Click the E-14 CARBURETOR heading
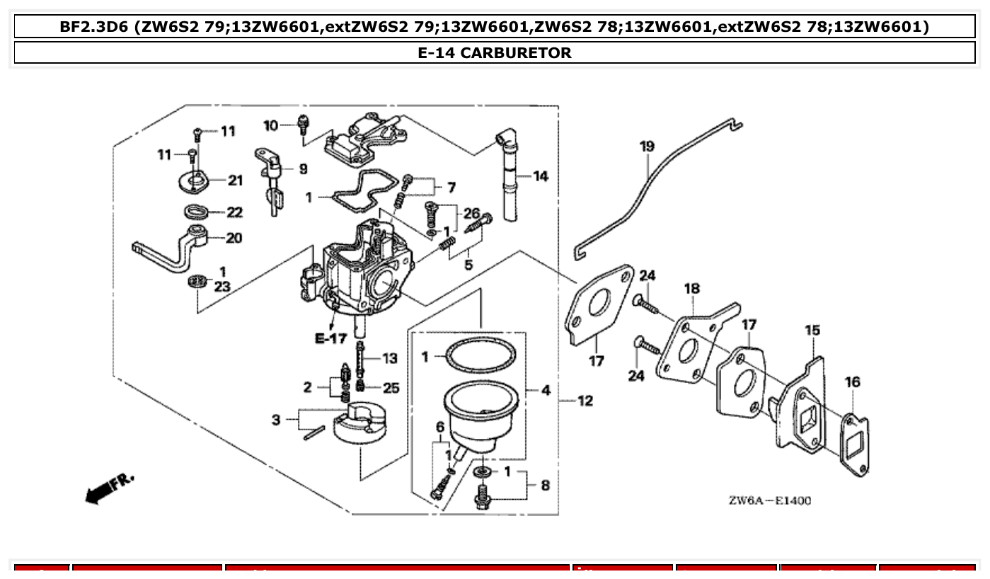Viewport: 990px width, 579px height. [x=495, y=53]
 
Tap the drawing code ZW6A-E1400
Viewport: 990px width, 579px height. [x=770, y=501]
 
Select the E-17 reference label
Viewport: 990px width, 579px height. [x=330, y=338]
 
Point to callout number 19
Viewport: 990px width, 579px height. [x=647, y=147]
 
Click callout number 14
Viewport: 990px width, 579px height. [x=541, y=176]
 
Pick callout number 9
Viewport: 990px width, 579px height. [x=303, y=169]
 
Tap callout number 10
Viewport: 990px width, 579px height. [x=271, y=125]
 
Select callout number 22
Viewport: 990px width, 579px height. [x=234, y=212]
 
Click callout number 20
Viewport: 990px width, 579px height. [x=234, y=238]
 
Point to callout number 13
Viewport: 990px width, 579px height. [x=390, y=359]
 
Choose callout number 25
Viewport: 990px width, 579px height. [x=391, y=388]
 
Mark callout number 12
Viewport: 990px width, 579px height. [x=585, y=401]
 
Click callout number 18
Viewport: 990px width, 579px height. [x=691, y=288]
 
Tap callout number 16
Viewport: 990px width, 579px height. [x=852, y=382]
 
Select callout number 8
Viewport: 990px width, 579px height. [x=545, y=486]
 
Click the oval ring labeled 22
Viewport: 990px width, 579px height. [x=197, y=211]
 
